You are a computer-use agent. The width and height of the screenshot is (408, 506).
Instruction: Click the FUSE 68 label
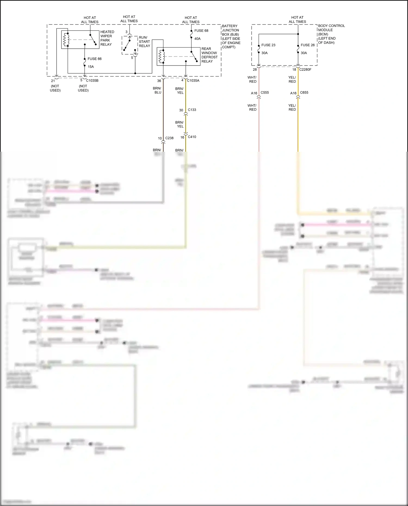pyautogui.click(x=201, y=31)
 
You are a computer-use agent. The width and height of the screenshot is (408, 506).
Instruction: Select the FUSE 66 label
pyautogui.click(x=94, y=59)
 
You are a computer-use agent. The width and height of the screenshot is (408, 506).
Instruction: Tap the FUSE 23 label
pyautogui.click(x=268, y=45)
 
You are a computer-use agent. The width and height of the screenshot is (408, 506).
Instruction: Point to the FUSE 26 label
pyautogui.click(x=307, y=45)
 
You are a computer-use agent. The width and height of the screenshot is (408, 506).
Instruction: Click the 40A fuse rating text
pyautogui.click(x=197, y=39)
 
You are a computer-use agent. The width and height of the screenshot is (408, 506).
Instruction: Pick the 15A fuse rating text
pyautogui.click(x=91, y=67)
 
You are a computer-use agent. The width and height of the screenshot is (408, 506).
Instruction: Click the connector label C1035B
pyautogui.click(x=92, y=80)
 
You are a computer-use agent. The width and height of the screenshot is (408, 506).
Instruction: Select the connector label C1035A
pyautogui.click(x=193, y=80)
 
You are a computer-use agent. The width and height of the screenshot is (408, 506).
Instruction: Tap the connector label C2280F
pyautogui.click(x=305, y=70)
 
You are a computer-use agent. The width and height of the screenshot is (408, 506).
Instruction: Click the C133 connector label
pyautogui.click(x=192, y=110)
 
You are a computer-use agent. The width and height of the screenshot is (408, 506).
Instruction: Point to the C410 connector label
pyautogui.click(x=192, y=137)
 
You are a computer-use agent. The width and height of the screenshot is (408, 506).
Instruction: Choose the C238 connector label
pyautogui.click(x=169, y=138)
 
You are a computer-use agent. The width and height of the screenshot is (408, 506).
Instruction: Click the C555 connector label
pyautogui.click(x=264, y=92)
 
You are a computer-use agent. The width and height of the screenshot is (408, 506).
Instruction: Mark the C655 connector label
pyautogui.click(x=304, y=92)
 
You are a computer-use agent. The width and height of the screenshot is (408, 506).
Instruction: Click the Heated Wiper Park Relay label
pyautogui.click(x=107, y=38)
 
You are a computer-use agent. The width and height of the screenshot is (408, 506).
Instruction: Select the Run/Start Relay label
pyautogui.click(x=144, y=42)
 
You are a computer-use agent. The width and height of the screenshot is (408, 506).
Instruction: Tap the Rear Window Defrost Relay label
pyautogui.click(x=209, y=55)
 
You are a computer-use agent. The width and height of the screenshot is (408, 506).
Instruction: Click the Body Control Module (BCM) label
pyautogui.click(x=331, y=34)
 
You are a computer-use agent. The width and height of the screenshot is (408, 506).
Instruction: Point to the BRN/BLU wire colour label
pyautogui.click(x=157, y=90)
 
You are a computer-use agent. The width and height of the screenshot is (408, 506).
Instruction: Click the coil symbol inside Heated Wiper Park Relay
pyautogui.click(x=65, y=40)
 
